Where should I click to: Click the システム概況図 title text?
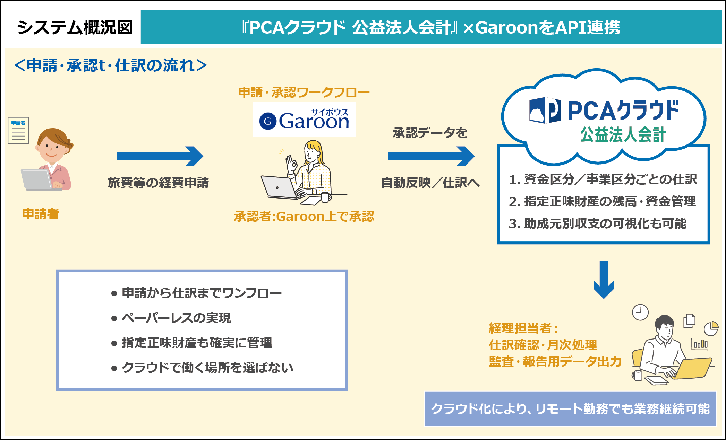click(x=75, y=27)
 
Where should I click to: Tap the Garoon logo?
click(x=304, y=120)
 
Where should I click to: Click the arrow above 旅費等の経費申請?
click(x=160, y=156)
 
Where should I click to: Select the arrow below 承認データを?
click(x=431, y=156)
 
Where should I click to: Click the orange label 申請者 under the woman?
click(x=40, y=214)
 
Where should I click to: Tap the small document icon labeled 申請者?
click(x=18, y=131)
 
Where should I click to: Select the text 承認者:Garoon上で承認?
click(x=304, y=217)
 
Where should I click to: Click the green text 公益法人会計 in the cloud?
click(x=623, y=135)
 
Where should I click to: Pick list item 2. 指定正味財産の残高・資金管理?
click(x=602, y=201)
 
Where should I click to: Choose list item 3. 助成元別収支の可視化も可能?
click(x=597, y=223)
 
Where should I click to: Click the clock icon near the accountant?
click(x=640, y=312)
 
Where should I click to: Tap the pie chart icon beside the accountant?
click(x=711, y=328)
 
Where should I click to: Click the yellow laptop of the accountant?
click(x=692, y=369)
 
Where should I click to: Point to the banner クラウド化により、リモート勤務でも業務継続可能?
click(x=570, y=409)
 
